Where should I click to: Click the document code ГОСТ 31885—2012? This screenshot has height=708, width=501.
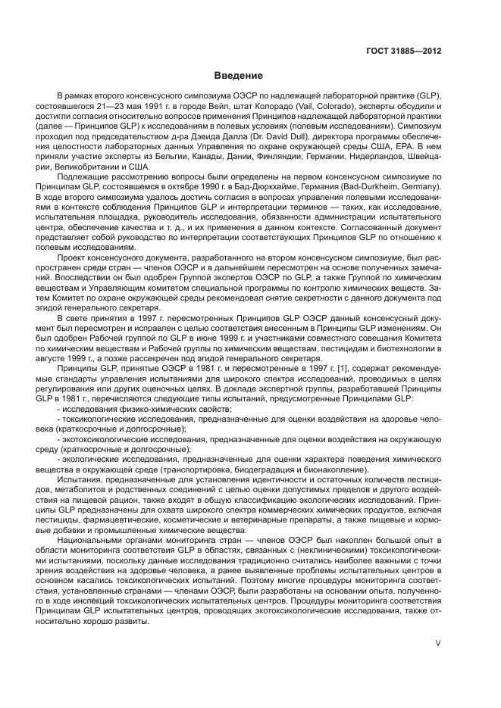(404, 52)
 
